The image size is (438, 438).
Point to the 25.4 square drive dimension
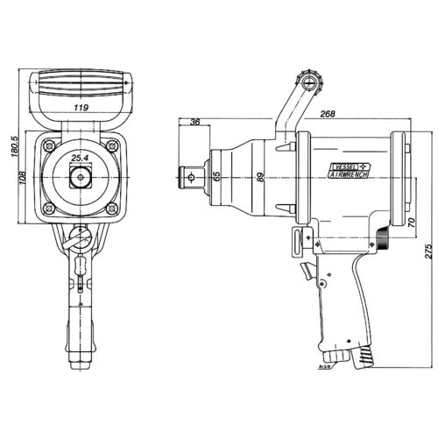coord(81,158)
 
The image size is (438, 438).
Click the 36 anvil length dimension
coord(194,122)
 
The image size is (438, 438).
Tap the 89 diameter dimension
coord(259,176)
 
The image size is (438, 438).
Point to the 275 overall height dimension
coord(427,251)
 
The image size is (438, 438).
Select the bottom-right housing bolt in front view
coord(112,209)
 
